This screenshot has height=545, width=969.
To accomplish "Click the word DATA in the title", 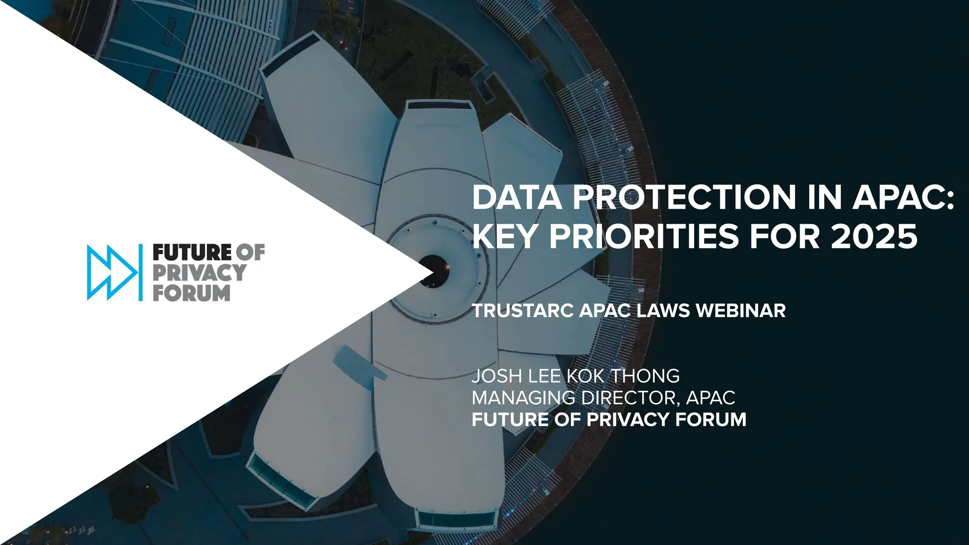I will click(517, 197).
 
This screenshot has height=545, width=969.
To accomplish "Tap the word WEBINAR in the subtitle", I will click(741, 311).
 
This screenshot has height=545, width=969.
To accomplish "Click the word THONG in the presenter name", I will click(645, 376).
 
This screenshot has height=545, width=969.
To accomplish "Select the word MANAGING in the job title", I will click(523, 398).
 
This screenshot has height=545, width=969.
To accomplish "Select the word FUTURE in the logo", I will click(192, 253).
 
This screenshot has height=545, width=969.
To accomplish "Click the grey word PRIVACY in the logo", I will click(199, 273).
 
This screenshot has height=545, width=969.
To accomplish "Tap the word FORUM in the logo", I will click(191, 293).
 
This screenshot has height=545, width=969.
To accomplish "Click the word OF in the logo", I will click(250, 253).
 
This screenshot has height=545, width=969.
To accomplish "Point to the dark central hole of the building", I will click(434, 271).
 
